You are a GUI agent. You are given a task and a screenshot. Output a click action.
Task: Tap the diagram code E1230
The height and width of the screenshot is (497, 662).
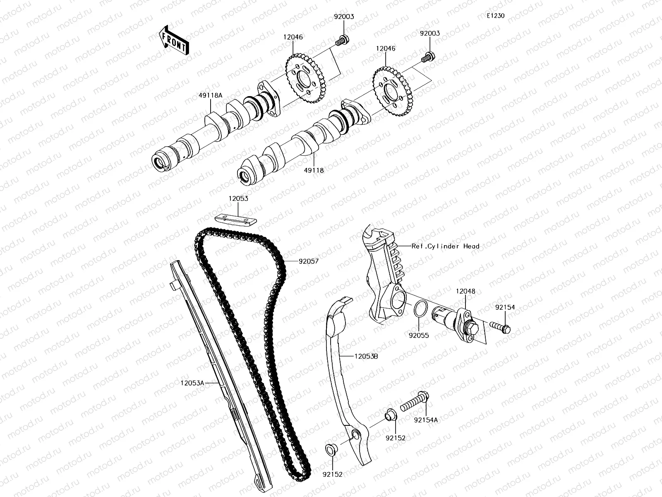pyautogui.click(x=495, y=16)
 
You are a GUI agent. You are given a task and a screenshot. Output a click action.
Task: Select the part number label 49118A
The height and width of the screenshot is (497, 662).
pyautogui.click(x=210, y=95)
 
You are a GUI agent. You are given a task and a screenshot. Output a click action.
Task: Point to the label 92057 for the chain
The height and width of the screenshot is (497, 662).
pyautogui.click(x=309, y=261)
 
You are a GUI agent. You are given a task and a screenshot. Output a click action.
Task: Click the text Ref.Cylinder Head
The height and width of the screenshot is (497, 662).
pyautogui.click(x=445, y=246)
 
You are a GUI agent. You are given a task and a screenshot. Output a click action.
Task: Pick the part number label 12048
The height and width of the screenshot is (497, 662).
pyautogui.click(x=465, y=291)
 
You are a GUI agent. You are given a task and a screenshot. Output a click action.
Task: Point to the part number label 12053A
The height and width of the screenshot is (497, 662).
pyautogui.click(x=192, y=383)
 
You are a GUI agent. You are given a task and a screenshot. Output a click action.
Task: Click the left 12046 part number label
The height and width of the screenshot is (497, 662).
pyautogui.click(x=293, y=37)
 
